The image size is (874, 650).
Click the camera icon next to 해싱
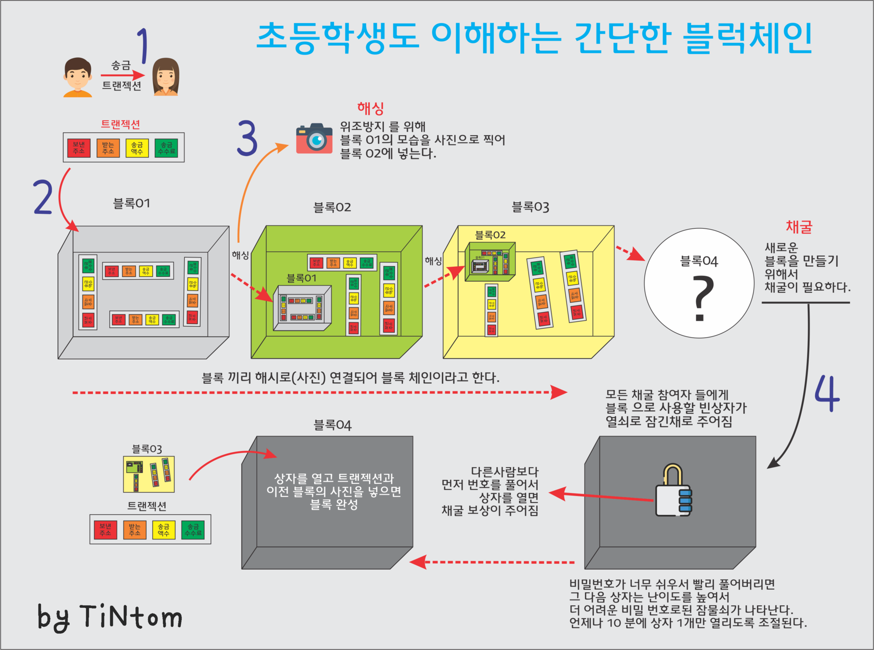[x=314, y=139]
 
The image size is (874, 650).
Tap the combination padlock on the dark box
[x=674, y=491]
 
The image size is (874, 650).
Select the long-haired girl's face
[x=166, y=77]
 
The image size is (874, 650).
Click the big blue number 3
[x=247, y=138]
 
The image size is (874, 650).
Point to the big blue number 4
[x=827, y=393]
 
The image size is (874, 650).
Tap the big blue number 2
[x=43, y=197]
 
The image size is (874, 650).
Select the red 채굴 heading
[x=799, y=227]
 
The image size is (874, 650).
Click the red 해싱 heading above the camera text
[x=370, y=108]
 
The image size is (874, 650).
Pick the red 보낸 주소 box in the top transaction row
[x=79, y=148]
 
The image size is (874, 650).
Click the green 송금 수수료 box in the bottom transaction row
[x=193, y=530]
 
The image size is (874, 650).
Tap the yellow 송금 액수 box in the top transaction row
[x=137, y=148]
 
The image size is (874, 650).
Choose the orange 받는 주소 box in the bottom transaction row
[x=134, y=530]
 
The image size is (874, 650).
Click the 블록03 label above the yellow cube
[x=530, y=207]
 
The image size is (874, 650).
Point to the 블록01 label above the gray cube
[x=132, y=204]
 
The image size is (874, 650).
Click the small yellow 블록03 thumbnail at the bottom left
[x=149, y=474]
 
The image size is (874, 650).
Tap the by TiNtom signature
[x=110, y=617]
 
